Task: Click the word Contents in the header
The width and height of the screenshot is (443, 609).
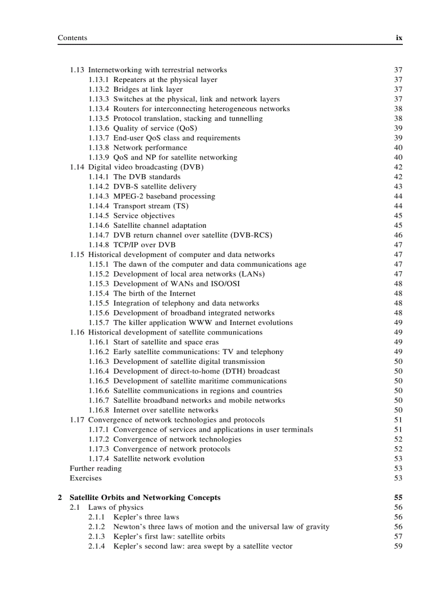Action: point(72,38)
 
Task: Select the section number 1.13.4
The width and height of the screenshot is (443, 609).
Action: point(98,108)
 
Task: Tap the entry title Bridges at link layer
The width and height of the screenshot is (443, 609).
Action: point(148,89)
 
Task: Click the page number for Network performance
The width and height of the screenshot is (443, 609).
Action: point(398,148)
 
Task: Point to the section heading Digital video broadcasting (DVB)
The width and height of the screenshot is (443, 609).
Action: point(145,167)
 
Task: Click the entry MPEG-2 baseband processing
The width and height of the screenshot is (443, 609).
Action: point(164,196)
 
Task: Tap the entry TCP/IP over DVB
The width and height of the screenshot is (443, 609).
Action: point(144,245)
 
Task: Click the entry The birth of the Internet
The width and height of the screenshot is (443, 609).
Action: point(154,293)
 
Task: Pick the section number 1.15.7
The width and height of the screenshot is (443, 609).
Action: point(98,323)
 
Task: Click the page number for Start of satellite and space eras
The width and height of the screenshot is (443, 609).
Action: point(398,342)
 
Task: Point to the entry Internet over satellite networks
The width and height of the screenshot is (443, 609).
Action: point(166,410)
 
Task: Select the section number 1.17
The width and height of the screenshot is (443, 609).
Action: point(77,420)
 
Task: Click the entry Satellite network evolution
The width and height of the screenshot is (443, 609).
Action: point(159,459)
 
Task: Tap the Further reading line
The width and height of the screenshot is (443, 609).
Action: point(96,469)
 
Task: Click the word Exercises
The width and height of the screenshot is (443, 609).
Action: point(85,478)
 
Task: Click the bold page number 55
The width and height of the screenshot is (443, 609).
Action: point(398,498)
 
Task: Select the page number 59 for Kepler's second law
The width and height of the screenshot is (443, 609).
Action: point(398,547)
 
